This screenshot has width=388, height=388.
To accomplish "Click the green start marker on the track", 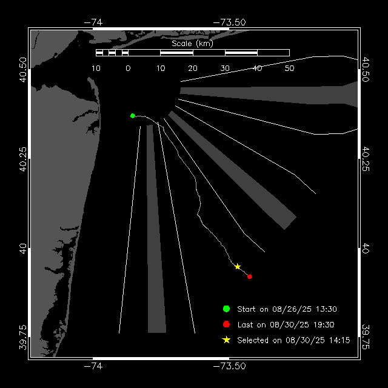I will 132,115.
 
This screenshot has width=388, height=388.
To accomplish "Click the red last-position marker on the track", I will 250,276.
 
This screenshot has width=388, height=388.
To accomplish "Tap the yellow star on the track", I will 238,267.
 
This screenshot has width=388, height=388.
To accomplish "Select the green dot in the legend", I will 226,309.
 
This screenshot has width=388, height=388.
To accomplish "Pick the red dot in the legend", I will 226,324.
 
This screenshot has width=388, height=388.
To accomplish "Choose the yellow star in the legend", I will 226,340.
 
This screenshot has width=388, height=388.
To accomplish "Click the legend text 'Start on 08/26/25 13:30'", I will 287,309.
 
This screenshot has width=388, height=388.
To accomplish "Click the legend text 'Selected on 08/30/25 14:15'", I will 293,340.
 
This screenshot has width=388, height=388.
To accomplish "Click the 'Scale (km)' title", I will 192,43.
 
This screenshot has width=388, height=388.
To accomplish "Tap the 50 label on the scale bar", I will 289,69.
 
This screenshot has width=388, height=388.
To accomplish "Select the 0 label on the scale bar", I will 128,69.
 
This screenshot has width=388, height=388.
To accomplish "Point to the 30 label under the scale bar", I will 225,69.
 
